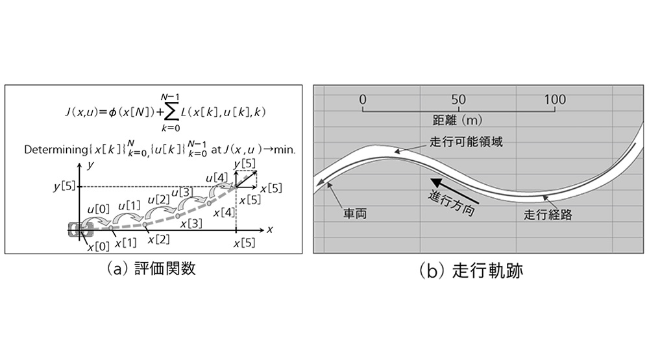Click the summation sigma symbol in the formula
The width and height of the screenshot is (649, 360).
click(171, 112)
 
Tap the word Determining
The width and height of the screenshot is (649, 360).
click(56, 149)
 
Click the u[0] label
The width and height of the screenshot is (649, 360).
click(99, 210)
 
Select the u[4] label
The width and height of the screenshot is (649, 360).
click(217, 178)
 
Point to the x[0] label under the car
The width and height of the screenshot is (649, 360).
click(98, 246)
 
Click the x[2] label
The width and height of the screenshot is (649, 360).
click(159, 239)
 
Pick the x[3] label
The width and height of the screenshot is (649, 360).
click(191, 223)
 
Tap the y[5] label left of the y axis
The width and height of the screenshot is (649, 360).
click(64, 186)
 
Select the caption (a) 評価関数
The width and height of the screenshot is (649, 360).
click(151, 269)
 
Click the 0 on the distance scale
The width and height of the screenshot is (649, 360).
click(363, 99)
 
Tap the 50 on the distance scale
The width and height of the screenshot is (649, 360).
click(458, 99)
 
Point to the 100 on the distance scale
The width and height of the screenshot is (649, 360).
click(555, 99)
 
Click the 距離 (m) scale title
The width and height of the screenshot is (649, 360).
click(458, 120)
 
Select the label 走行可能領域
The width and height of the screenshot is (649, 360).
click(466, 142)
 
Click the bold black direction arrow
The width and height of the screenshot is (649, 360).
click(454, 191)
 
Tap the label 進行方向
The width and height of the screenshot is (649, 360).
click(451, 203)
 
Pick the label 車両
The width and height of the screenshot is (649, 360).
click(355, 214)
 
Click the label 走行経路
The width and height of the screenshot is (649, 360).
click(548, 214)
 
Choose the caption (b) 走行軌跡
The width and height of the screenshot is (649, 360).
click(471, 270)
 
